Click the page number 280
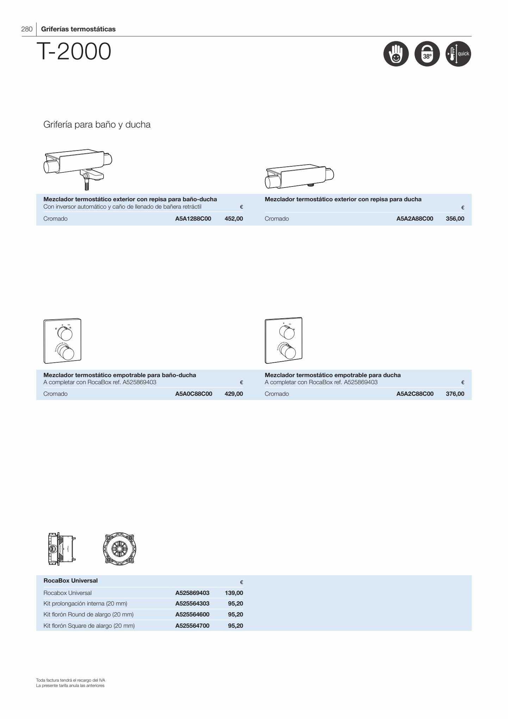coord(27,29)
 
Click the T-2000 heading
coord(74,51)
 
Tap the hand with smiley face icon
coord(396,54)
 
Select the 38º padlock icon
coord(427,54)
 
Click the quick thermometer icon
coord(458,54)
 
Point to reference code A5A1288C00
coord(193,219)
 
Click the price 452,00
coord(234,219)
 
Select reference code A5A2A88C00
coord(415,219)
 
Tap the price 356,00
coord(455,219)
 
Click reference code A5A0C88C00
coord(194,394)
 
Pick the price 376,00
coord(455,394)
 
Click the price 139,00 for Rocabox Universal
coord(234,593)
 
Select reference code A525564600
coord(192,614)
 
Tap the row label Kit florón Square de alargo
coord(89,626)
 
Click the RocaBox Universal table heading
coord(70,580)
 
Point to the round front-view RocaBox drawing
coord(119,549)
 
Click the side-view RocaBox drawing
coord(62,549)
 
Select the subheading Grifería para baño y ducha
coord(97,124)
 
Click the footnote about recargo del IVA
coord(71,680)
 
